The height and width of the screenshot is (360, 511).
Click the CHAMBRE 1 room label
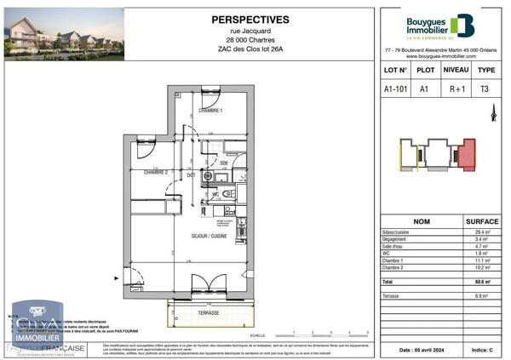210,111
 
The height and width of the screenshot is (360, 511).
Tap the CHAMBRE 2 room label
155,172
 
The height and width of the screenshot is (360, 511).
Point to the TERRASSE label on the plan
209,312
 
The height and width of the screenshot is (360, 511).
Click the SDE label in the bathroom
224,163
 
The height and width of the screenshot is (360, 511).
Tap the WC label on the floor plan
215,194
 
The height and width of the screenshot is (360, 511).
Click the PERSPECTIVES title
250,20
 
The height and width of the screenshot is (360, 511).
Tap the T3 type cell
485,89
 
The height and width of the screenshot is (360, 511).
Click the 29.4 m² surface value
482,232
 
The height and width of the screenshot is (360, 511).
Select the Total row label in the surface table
388,280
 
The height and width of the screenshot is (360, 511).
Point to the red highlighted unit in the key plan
466,157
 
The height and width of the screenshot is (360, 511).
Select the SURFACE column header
482,220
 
